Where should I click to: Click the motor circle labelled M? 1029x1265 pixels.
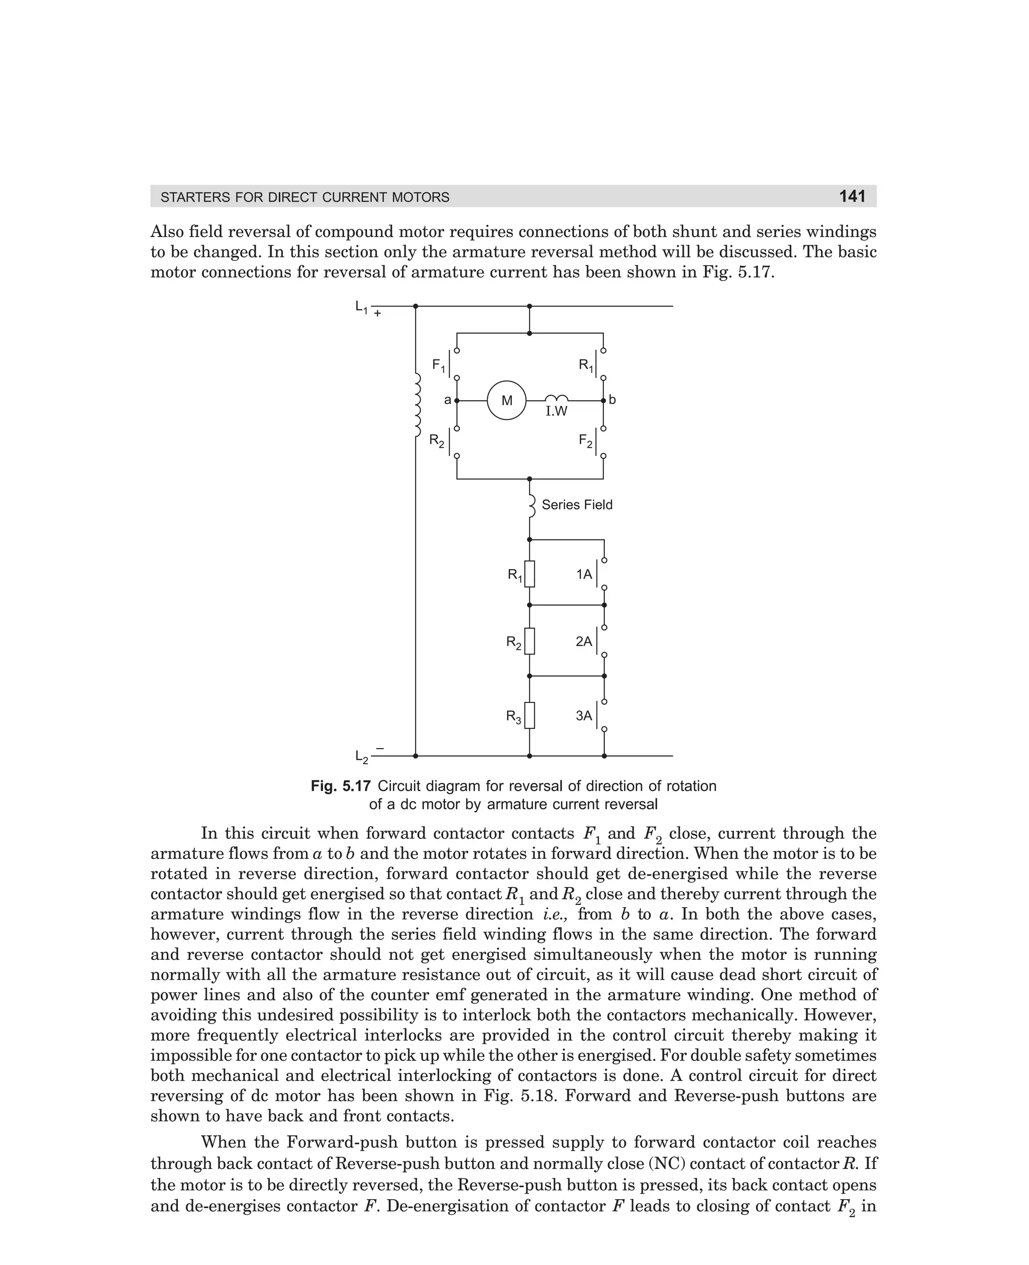(x=507, y=401)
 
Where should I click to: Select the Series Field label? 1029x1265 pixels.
(x=577, y=505)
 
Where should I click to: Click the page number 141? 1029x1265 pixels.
(x=852, y=196)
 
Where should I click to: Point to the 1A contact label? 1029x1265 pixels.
(x=584, y=574)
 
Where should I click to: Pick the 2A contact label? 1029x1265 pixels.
(x=584, y=641)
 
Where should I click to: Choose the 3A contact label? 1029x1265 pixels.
(x=584, y=716)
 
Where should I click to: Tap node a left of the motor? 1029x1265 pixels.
(x=456, y=401)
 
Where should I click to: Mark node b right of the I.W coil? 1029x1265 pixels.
(x=604, y=401)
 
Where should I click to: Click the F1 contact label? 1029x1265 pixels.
(x=439, y=366)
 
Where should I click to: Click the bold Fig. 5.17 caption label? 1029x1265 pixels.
(x=341, y=786)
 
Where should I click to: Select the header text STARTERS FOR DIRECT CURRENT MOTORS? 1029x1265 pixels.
(x=304, y=197)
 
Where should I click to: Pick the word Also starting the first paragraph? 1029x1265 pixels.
(x=167, y=231)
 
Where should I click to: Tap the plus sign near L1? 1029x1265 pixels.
(x=377, y=314)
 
